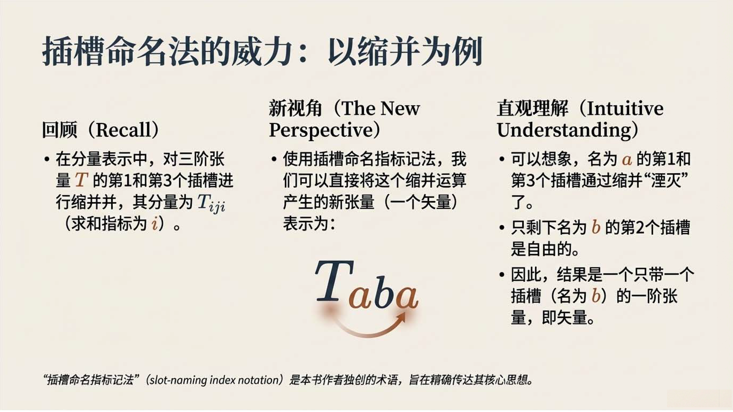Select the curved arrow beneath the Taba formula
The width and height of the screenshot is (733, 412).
pos(367,333)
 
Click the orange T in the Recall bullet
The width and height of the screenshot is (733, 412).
pos(81,180)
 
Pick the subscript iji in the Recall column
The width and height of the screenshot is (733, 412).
pos(217,207)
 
